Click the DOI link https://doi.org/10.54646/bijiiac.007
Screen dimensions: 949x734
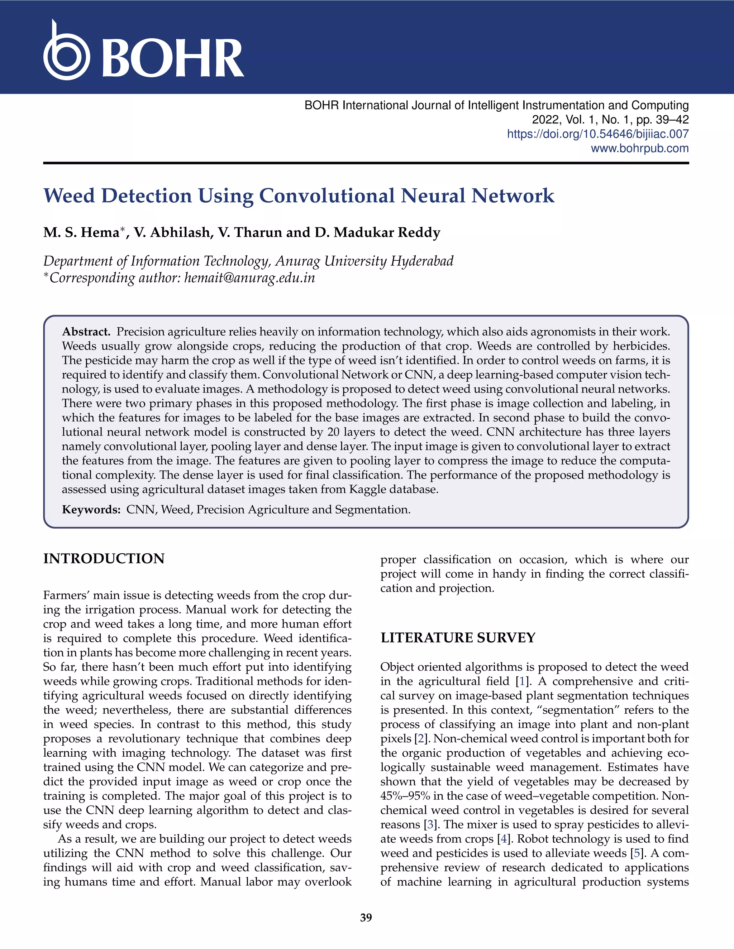point(597,134)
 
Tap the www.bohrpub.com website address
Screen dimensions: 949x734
point(639,148)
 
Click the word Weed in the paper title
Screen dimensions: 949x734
point(69,196)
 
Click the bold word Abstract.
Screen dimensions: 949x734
point(86,332)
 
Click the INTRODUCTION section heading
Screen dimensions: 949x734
point(104,559)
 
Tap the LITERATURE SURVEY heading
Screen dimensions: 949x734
point(458,638)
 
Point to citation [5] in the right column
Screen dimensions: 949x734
point(637,853)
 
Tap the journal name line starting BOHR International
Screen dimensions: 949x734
point(496,105)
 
